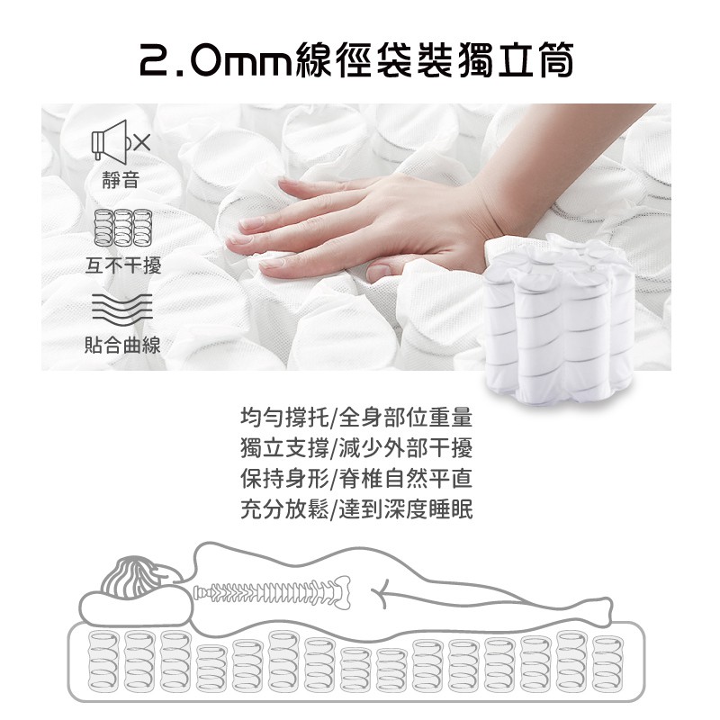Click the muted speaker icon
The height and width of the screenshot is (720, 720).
click(121, 140)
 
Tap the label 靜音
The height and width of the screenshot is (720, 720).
click(121, 179)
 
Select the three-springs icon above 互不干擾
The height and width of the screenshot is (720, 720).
click(122, 228)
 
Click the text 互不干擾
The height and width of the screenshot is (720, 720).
click(123, 265)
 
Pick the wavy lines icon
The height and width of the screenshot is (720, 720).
click(121, 306)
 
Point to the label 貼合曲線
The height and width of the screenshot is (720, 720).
click(122, 345)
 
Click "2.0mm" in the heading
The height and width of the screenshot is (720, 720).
click(215, 61)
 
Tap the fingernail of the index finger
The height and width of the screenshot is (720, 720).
click(252, 222)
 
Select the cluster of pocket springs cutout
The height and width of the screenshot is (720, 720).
click(559, 320)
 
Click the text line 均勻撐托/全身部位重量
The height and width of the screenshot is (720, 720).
click(356, 418)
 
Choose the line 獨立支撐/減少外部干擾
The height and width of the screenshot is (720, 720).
click(356, 448)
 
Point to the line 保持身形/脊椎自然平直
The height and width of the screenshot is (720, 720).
click(356, 479)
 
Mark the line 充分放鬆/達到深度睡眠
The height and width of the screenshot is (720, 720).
click(356, 509)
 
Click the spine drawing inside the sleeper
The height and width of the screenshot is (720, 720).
click(272, 592)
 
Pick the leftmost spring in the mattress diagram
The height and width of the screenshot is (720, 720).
click(103, 661)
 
